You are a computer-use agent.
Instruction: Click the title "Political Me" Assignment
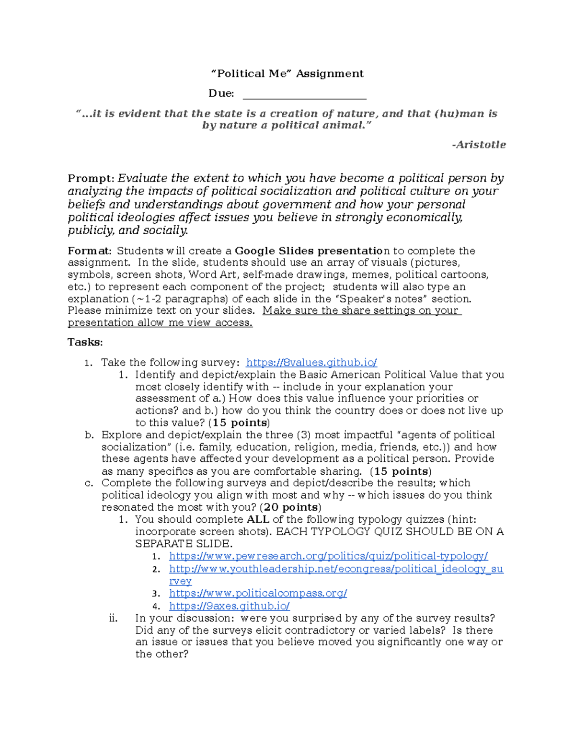coord(287,74)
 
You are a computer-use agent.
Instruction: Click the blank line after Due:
coord(304,94)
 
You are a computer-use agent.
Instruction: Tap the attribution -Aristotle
coord(479,145)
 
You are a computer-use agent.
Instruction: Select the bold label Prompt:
coord(91,179)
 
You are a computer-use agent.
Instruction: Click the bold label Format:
coord(90,251)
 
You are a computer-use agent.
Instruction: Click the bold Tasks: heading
coord(85,342)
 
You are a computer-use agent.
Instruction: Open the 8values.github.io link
coord(311,363)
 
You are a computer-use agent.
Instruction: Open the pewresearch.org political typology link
coord(328,556)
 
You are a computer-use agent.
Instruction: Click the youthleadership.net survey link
coord(336,569)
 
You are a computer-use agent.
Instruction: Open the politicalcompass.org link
coord(258,593)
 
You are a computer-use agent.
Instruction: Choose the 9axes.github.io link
coord(229,606)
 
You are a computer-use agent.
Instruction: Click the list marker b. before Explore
coord(89,435)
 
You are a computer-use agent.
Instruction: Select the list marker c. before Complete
coord(89,483)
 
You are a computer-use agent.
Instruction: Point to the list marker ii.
coord(113,618)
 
